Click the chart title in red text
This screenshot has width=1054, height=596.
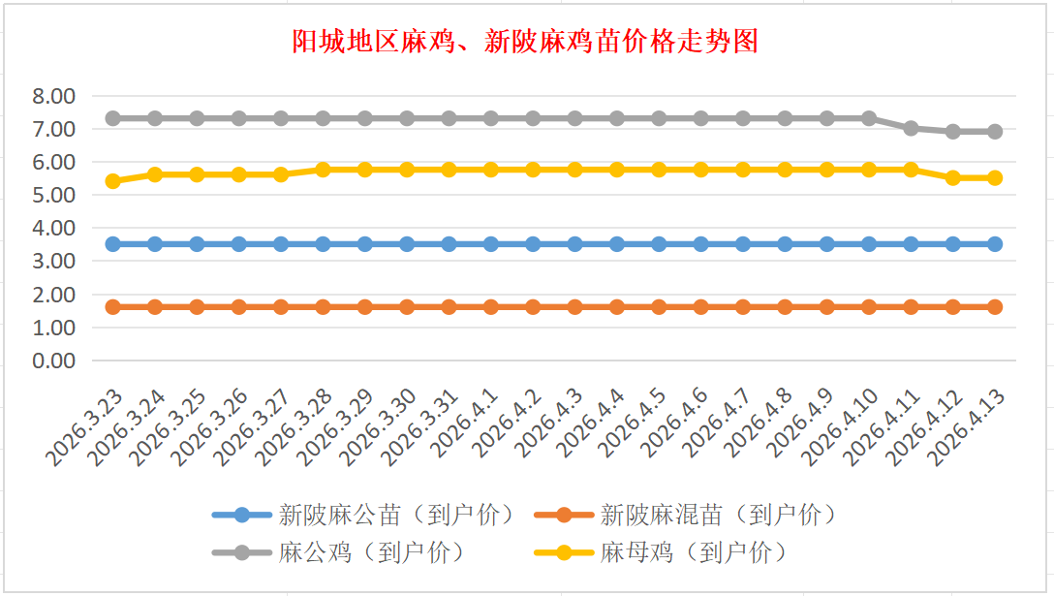tap(525, 42)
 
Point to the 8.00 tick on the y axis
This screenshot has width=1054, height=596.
tap(53, 96)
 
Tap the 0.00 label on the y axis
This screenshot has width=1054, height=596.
tap(53, 361)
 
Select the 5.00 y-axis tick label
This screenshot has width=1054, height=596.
tap(53, 195)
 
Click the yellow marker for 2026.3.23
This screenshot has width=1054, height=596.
tap(112, 181)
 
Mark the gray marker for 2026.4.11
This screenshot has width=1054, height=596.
tap(911, 128)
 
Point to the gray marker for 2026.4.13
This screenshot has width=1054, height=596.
tap(995, 131)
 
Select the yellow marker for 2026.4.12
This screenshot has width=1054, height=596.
tap(953, 177)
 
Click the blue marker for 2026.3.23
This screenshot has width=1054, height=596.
tap(112, 244)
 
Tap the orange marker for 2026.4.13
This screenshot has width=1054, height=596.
tap(995, 307)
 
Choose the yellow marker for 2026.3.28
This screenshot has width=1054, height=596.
tap(323, 170)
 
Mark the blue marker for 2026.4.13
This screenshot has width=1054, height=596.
tap(995, 244)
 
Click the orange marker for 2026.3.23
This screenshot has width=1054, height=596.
tap(112, 307)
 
